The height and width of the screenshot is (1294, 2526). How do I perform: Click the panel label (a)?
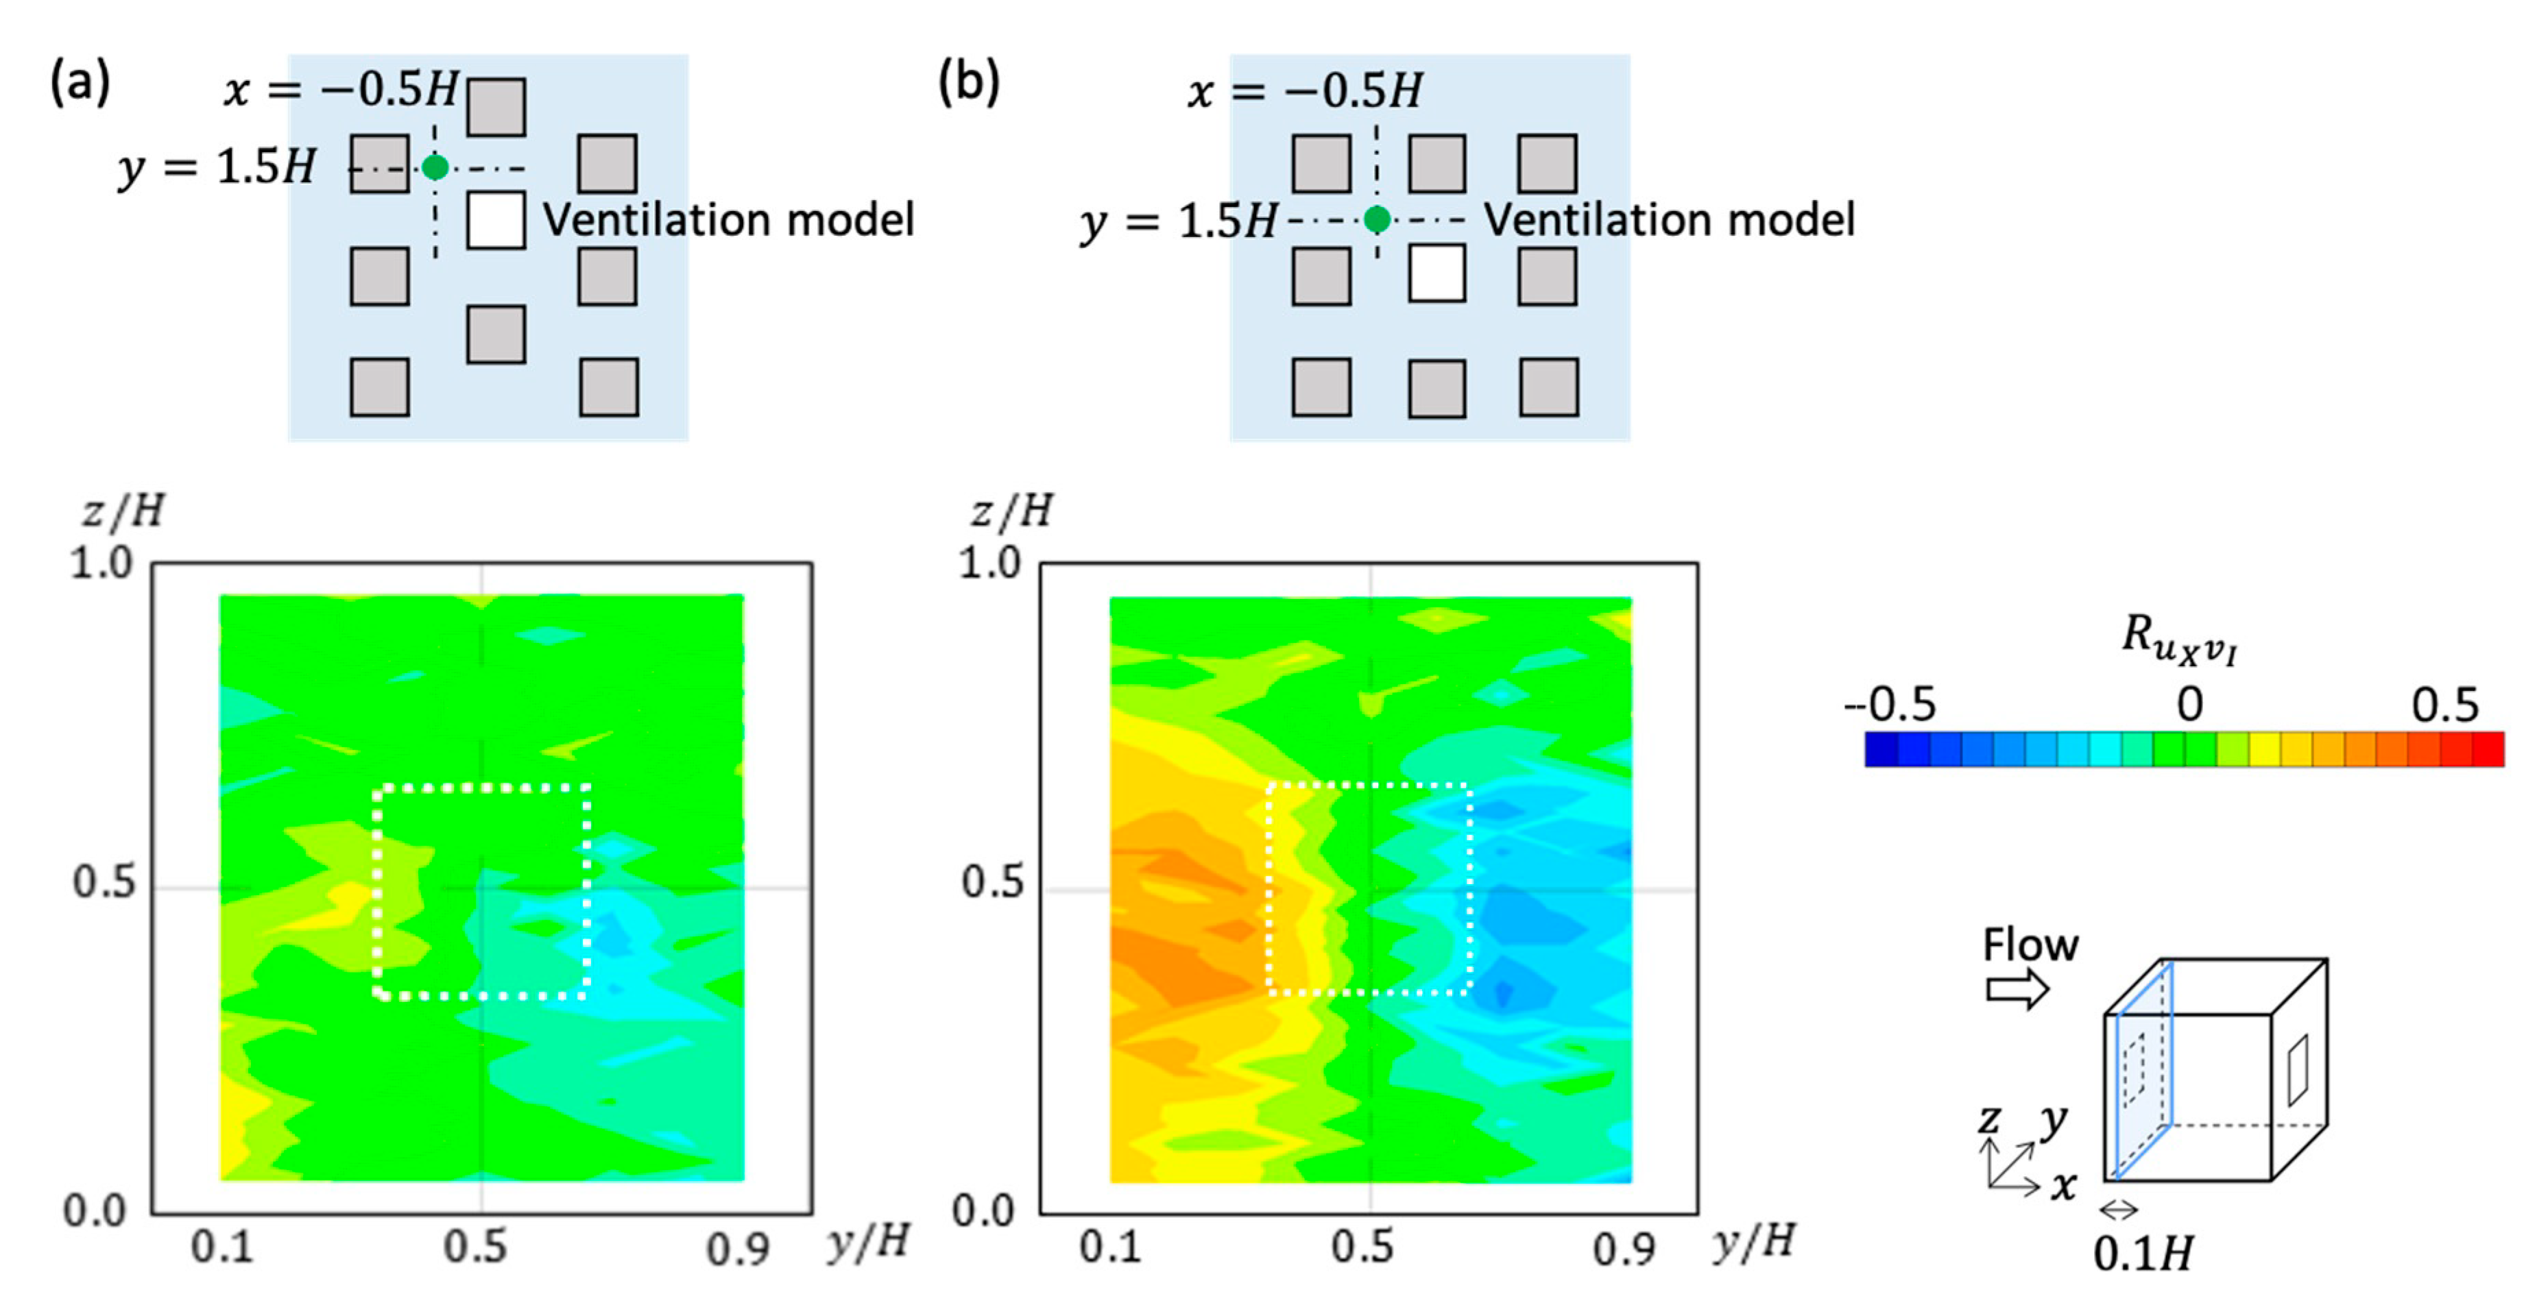coord(80,82)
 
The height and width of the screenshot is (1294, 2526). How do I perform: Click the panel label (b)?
coord(969,82)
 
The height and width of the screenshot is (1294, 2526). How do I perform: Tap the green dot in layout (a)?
coord(435,168)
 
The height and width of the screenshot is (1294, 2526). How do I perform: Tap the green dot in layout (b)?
coord(1377,219)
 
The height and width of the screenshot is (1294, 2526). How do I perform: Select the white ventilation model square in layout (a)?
coord(495,219)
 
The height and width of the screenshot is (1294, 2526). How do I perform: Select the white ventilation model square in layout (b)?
coord(1436,273)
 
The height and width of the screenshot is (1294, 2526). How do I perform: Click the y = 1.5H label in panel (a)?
coord(217,168)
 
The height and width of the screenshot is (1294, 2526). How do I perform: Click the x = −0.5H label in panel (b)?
coord(1304,91)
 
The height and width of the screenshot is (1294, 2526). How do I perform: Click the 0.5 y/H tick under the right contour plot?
coord(1362,1247)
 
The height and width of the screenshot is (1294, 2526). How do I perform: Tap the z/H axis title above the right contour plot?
coord(1011,511)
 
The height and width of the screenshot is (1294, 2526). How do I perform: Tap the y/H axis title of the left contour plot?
coord(868,1243)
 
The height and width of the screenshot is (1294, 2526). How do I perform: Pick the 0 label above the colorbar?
coord(2189,704)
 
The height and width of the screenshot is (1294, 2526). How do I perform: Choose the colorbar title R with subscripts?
coord(2179,638)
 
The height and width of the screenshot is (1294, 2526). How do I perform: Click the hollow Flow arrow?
coord(2018,988)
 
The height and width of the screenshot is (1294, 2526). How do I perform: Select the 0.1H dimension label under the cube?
coord(2143,1254)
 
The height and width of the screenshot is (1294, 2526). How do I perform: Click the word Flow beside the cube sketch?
coord(2030,945)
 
